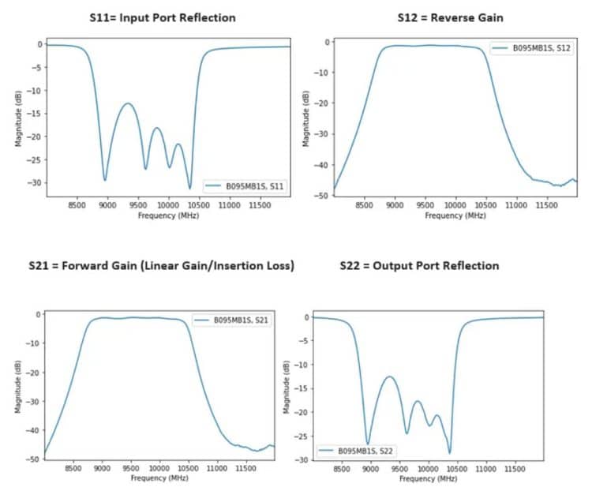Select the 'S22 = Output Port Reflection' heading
(x=419, y=266)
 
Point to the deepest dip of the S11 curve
(x=189, y=188)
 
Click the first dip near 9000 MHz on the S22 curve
(x=368, y=444)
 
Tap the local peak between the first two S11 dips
(x=128, y=103)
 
